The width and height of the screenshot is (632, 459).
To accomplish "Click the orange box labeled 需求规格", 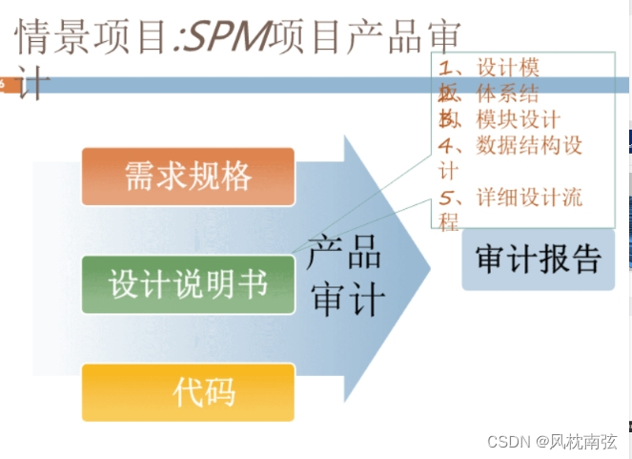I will coord(188,177).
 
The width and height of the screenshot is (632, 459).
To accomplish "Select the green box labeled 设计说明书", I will coord(188,284).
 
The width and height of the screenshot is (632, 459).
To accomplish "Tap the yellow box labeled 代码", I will coord(188,391).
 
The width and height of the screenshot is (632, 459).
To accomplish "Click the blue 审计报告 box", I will coord(539,259).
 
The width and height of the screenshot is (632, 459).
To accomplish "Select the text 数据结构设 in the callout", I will coord(529,146).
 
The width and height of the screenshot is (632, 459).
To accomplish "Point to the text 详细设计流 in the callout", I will coord(529,198).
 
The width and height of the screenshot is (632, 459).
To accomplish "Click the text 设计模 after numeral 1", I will coord(508,68).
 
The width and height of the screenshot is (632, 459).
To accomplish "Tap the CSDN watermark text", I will coord(509,442).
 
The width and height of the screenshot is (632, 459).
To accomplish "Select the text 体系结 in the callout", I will coord(506,94).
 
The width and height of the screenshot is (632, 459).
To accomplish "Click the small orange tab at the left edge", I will coord(4,85).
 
